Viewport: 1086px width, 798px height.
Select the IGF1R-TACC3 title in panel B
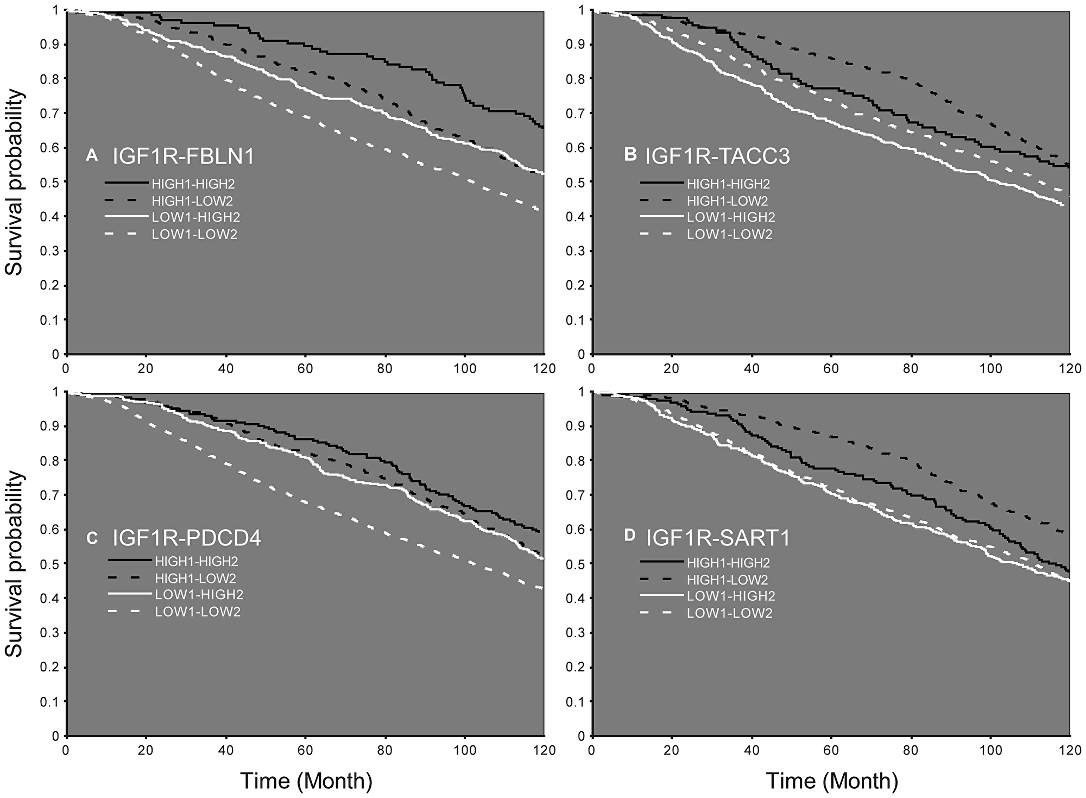[x=717, y=156]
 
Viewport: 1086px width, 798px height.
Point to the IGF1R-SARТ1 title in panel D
[x=718, y=538]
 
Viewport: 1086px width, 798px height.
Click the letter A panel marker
[x=92, y=156]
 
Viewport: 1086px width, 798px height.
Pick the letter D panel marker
[x=630, y=535]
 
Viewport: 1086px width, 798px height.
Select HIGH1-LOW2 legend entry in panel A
[x=192, y=201]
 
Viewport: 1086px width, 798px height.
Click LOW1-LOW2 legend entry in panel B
[x=729, y=235]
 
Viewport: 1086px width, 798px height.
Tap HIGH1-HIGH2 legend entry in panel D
[x=728, y=563]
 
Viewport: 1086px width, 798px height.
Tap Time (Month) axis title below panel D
[x=831, y=781]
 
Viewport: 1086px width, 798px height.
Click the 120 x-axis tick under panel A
[x=545, y=368]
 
